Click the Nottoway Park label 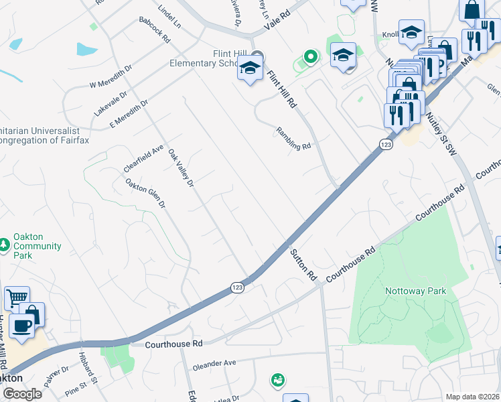click(415, 291)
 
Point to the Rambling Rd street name click(294, 137)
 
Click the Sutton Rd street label click(303, 264)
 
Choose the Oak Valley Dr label click(181, 167)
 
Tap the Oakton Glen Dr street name click(145, 193)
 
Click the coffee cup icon click(21, 326)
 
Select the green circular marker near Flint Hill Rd click(309, 57)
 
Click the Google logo click(21, 394)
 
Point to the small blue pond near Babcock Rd click(87, 49)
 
